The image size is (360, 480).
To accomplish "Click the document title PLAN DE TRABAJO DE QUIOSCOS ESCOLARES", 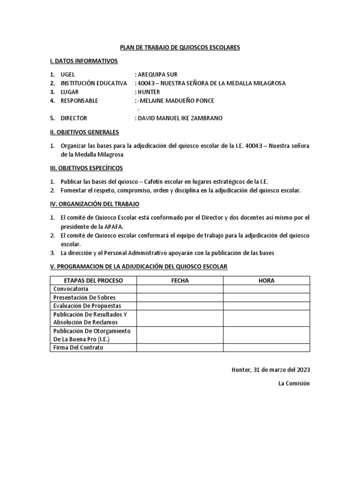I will pyautogui.click(x=180, y=47).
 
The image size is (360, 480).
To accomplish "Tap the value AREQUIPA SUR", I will pyautogui.click(x=157, y=75).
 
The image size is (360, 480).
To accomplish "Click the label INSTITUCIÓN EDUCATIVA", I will pyautogui.click(x=94, y=83).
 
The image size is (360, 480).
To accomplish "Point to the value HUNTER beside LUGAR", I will pyautogui.click(x=148, y=92).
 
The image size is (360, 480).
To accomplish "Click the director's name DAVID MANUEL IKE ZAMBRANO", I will pyautogui.click(x=180, y=118).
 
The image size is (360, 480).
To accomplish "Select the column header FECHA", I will pyautogui.click(x=180, y=280).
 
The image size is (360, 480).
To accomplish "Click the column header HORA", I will pyautogui.click(x=266, y=280).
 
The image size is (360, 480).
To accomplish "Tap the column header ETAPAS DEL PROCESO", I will pyautogui.click(x=93, y=280).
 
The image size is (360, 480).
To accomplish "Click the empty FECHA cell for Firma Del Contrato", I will pyautogui.click(x=180, y=348).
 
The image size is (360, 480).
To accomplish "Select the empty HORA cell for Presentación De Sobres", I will pyautogui.click(x=266, y=297).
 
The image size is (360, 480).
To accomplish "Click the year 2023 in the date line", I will pyautogui.click(x=302, y=369).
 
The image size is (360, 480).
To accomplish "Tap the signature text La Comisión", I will pyautogui.click(x=294, y=383).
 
